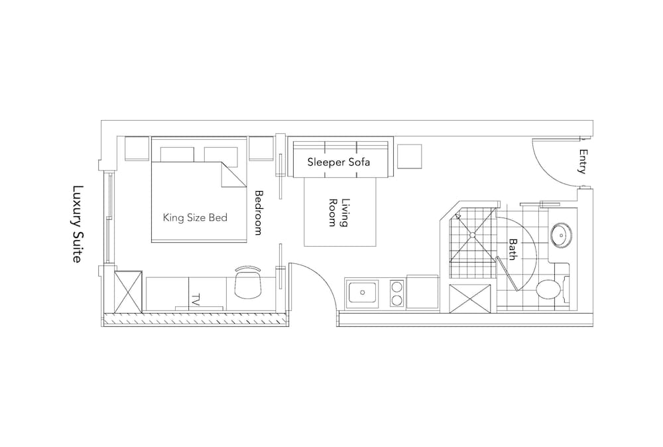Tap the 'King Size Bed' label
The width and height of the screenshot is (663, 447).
click(196, 218)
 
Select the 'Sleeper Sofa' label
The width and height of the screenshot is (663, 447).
click(339, 162)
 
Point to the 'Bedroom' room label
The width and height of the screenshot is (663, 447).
click(259, 213)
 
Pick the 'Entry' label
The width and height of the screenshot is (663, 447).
click(583, 161)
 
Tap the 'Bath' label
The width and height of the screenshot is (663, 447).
click(513, 249)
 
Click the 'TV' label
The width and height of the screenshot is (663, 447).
click(196, 300)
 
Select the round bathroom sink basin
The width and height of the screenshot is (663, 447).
click(561, 235)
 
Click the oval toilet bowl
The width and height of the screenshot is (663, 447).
click(548, 290)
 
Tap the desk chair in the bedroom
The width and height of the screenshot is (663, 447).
click(248, 282)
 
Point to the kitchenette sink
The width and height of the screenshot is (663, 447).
click(362, 292)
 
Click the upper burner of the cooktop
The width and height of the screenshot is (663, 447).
click(397, 287)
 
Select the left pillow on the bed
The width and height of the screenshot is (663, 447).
click(177, 155)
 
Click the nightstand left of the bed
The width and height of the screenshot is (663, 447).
click(137, 149)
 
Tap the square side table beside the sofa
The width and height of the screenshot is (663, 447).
click(409, 157)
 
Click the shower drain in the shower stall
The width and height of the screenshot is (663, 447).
click(472, 235)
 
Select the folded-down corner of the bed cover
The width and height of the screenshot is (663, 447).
click(233, 174)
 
